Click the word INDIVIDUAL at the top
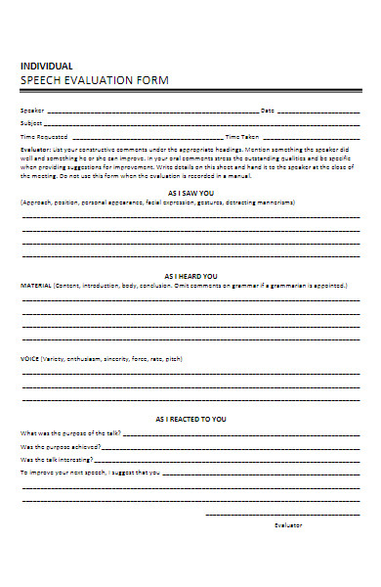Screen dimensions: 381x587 pos(46,65)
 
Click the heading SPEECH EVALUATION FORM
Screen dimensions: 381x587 pos(94,79)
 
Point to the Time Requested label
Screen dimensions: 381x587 pos(44,138)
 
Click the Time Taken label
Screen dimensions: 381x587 pos(242,138)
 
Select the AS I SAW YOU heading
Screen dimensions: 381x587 pos(190,194)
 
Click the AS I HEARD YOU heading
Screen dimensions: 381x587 pos(190,276)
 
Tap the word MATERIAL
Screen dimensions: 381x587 pos(37,286)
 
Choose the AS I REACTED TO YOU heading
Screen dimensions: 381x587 pos(190,419)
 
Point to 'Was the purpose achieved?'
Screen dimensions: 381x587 pos(60,445)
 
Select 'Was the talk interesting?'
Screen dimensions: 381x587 pos(58,458)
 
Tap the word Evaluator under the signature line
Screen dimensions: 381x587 pos(287,525)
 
